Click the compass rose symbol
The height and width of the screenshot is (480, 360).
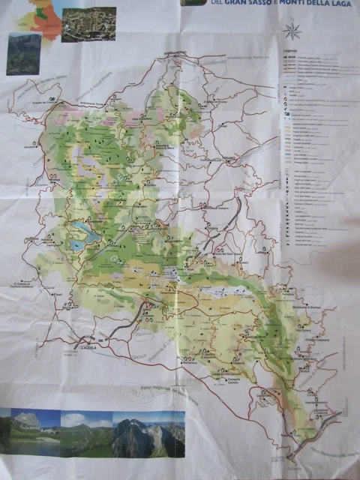tap(292, 31)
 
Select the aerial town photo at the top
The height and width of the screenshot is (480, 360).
tap(88, 24)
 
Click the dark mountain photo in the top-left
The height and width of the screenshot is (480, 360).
tap(24, 54)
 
